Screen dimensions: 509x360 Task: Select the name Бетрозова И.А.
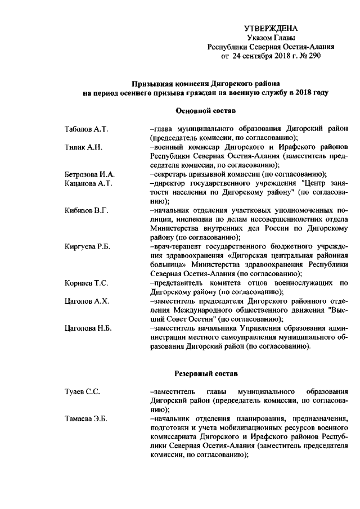(x=89, y=174)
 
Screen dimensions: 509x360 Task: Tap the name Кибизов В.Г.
(x=85, y=209)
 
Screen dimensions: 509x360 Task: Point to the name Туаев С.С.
(x=82, y=391)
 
